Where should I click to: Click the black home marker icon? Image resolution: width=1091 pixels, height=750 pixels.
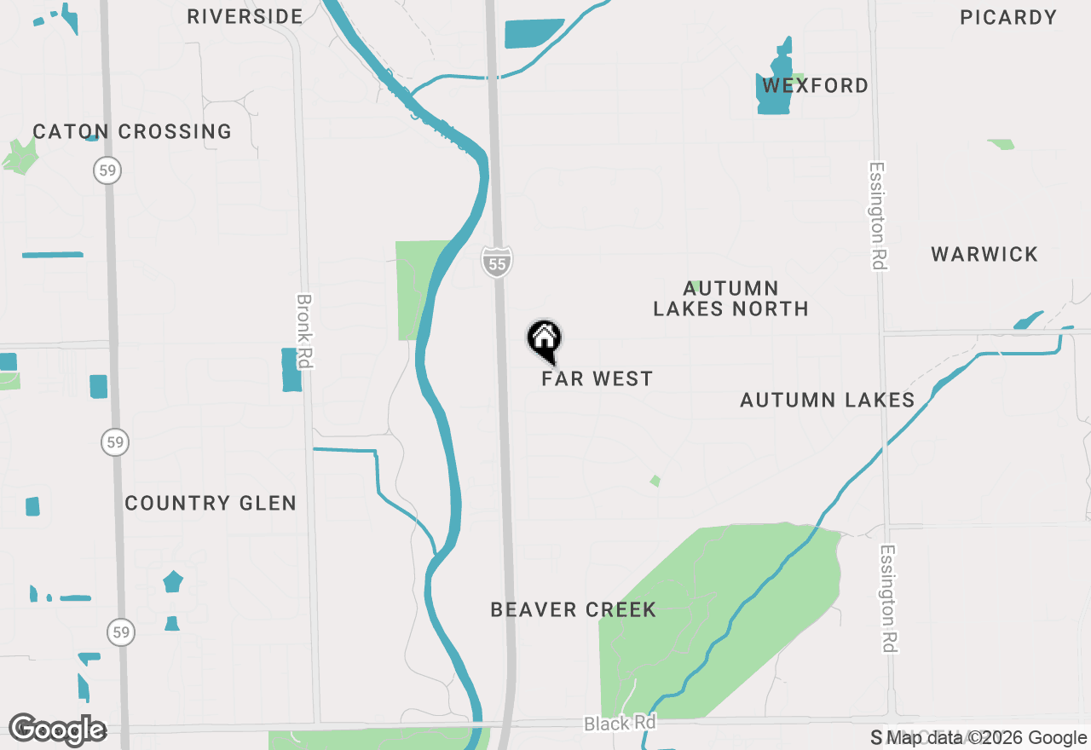(x=544, y=340)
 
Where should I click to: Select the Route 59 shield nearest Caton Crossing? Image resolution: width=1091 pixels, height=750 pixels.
(x=108, y=170)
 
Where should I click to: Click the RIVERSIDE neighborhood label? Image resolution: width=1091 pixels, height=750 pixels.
(x=245, y=16)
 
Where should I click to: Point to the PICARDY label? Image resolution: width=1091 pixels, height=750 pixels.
(x=1008, y=17)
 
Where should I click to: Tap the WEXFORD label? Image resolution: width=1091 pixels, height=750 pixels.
(x=816, y=85)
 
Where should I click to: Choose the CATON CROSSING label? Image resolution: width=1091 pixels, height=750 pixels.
(x=132, y=131)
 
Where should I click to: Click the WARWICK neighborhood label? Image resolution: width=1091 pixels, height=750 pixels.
(x=984, y=254)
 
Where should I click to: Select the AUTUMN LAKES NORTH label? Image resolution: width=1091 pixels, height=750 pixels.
(x=730, y=298)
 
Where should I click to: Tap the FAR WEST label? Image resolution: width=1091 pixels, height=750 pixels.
(x=597, y=378)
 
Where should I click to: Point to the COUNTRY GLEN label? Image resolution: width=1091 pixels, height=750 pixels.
(x=211, y=503)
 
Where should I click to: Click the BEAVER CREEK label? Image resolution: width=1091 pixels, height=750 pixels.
(x=574, y=609)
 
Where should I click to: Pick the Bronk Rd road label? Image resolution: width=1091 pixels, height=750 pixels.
(x=304, y=332)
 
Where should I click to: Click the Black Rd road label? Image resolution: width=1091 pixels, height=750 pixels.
(x=620, y=724)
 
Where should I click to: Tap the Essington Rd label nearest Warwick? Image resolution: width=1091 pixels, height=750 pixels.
(x=877, y=216)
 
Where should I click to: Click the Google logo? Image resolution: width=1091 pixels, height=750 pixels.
(x=57, y=730)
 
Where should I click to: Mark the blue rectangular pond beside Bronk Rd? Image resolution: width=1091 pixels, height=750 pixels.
(x=292, y=369)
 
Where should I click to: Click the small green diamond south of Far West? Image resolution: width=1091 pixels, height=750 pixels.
(x=655, y=481)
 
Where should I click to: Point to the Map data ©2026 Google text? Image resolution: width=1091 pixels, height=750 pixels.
(x=987, y=738)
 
